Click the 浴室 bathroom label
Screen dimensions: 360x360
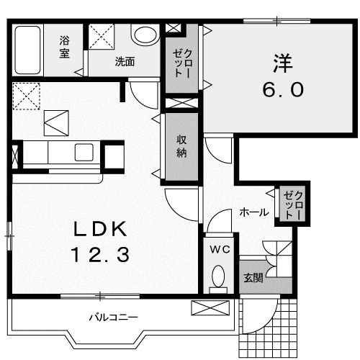tap(65, 47)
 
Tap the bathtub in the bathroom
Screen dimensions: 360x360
tap(27, 50)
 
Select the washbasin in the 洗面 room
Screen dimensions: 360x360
tap(145, 35)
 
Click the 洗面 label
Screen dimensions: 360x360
tap(125, 62)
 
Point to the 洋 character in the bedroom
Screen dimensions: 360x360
tap(283, 63)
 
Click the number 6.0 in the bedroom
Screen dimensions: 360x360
tap(283, 89)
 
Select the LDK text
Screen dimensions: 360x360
tap(100, 229)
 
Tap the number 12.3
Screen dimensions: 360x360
tap(100, 255)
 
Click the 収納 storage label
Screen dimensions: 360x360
tap(181, 146)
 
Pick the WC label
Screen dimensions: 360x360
tap(220, 250)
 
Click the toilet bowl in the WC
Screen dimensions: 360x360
tap(218, 276)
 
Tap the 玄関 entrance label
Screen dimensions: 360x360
tap(253, 278)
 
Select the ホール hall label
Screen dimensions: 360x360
tap(254, 212)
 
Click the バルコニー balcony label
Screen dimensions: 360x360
tap(114, 318)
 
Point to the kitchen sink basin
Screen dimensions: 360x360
tap(84, 152)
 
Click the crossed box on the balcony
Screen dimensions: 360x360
tap(210, 307)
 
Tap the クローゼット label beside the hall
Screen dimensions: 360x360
tap(292, 204)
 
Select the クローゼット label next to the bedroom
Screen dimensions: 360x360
tap(182, 63)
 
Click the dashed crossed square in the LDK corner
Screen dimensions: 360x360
tap(26, 96)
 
